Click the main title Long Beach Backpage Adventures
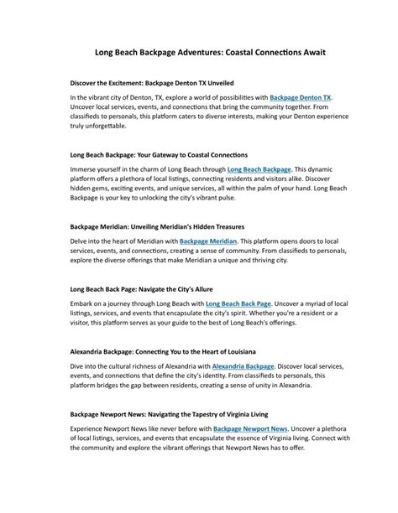point(198,52)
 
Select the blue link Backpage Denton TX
point(301,97)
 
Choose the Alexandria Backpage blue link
point(244,366)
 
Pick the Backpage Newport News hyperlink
point(250,428)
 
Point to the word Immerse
point(85,168)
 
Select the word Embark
point(84,303)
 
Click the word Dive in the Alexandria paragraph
point(78,366)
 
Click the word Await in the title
point(309,52)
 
